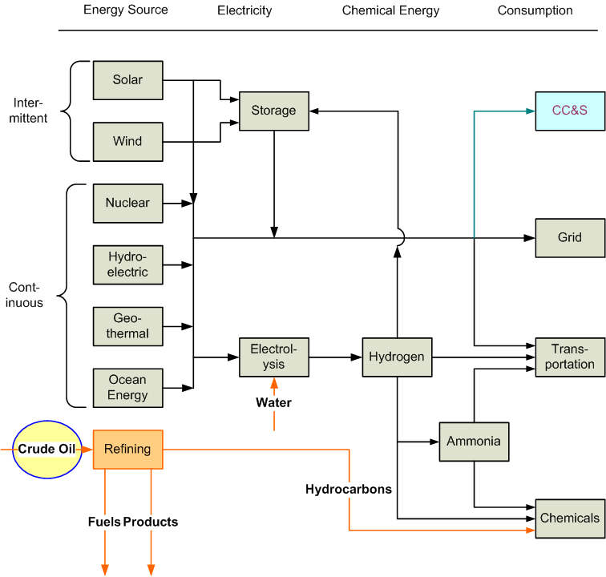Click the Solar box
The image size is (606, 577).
(127, 80)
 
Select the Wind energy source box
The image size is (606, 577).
(127, 142)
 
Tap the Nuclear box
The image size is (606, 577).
(127, 204)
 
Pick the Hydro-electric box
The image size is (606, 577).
(127, 265)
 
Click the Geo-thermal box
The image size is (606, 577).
(127, 326)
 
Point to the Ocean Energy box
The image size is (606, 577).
(127, 388)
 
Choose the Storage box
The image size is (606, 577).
(273, 111)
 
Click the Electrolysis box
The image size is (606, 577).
(273, 357)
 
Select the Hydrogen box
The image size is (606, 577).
(397, 357)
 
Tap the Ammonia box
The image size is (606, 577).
(474, 442)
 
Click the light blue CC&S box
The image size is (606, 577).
(570, 111)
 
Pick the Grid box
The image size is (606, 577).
(570, 238)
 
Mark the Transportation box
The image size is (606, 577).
(570, 357)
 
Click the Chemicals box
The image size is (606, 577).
(570, 518)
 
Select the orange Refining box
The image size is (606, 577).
(127, 450)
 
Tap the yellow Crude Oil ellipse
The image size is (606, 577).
(47, 450)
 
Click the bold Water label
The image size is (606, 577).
(273, 403)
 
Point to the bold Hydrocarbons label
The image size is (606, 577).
(349, 489)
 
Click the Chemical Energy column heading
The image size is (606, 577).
(390, 11)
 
